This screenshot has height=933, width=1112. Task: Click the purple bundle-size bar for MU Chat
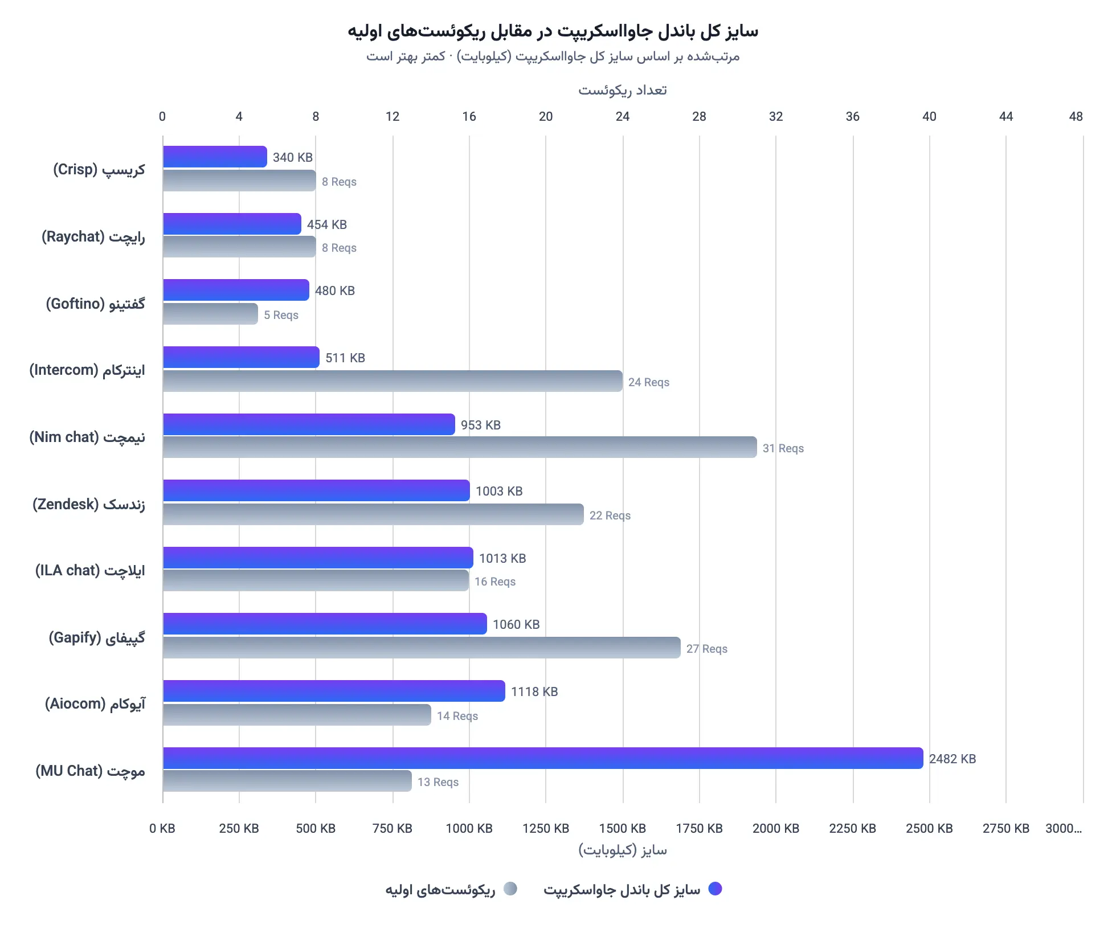(x=542, y=758)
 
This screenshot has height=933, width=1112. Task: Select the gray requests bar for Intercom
(x=392, y=381)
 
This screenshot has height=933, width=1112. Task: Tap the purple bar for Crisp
(x=215, y=157)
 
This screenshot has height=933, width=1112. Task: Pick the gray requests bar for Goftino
(x=210, y=314)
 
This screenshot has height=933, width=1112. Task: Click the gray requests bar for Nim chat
(x=459, y=447)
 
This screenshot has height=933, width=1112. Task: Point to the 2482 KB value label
(x=952, y=759)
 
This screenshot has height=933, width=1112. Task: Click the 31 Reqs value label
(x=783, y=448)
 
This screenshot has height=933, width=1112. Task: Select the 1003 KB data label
(x=498, y=491)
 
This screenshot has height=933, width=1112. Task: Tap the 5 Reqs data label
(x=281, y=315)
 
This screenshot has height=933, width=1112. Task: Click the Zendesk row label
(x=88, y=504)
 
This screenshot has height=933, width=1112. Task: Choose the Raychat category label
(x=93, y=236)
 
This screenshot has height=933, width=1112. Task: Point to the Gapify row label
(x=96, y=637)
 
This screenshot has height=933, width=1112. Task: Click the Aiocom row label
(x=95, y=704)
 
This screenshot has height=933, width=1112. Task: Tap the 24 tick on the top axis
(x=622, y=117)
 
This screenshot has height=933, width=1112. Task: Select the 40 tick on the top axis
(x=929, y=117)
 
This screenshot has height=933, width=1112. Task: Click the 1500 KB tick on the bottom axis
(x=622, y=828)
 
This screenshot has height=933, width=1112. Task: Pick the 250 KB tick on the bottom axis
(x=239, y=828)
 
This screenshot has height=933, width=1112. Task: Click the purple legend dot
(x=715, y=889)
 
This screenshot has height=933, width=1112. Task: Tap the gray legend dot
(x=510, y=889)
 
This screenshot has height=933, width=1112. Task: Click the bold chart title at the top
(x=553, y=31)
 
